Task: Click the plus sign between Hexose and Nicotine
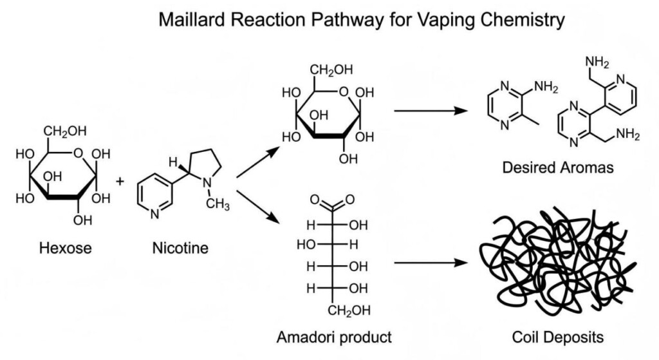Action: pos(120,182)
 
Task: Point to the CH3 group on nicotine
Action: pos(218,205)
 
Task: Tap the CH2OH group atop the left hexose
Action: pos(65,132)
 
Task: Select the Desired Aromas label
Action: pos(557,169)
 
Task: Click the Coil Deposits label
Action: pos(557,337)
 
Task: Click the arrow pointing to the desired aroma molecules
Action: pos(429,111)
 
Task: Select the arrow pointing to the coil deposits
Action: pos(429,263)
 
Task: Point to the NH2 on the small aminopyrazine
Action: pos(546,87)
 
